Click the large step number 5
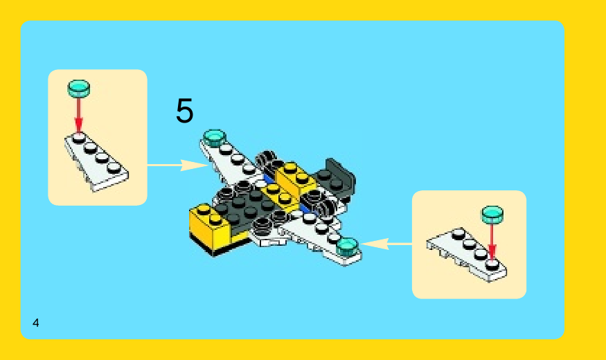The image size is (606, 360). (184, 110)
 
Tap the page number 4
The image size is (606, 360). (35, 323)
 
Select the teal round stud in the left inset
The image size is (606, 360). (79, 89)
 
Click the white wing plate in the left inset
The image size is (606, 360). (96, 162)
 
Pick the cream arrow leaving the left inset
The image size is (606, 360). (177, 165)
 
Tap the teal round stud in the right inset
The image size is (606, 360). (492, 215)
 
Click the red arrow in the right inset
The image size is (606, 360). (492, 242)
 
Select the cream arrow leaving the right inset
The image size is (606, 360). (386, 244)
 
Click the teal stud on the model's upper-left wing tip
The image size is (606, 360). (215, 138)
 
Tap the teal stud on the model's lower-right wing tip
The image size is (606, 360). (347, 246)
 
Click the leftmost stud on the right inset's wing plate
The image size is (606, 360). (458, 233)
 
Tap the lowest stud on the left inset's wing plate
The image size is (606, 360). (114, 168)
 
